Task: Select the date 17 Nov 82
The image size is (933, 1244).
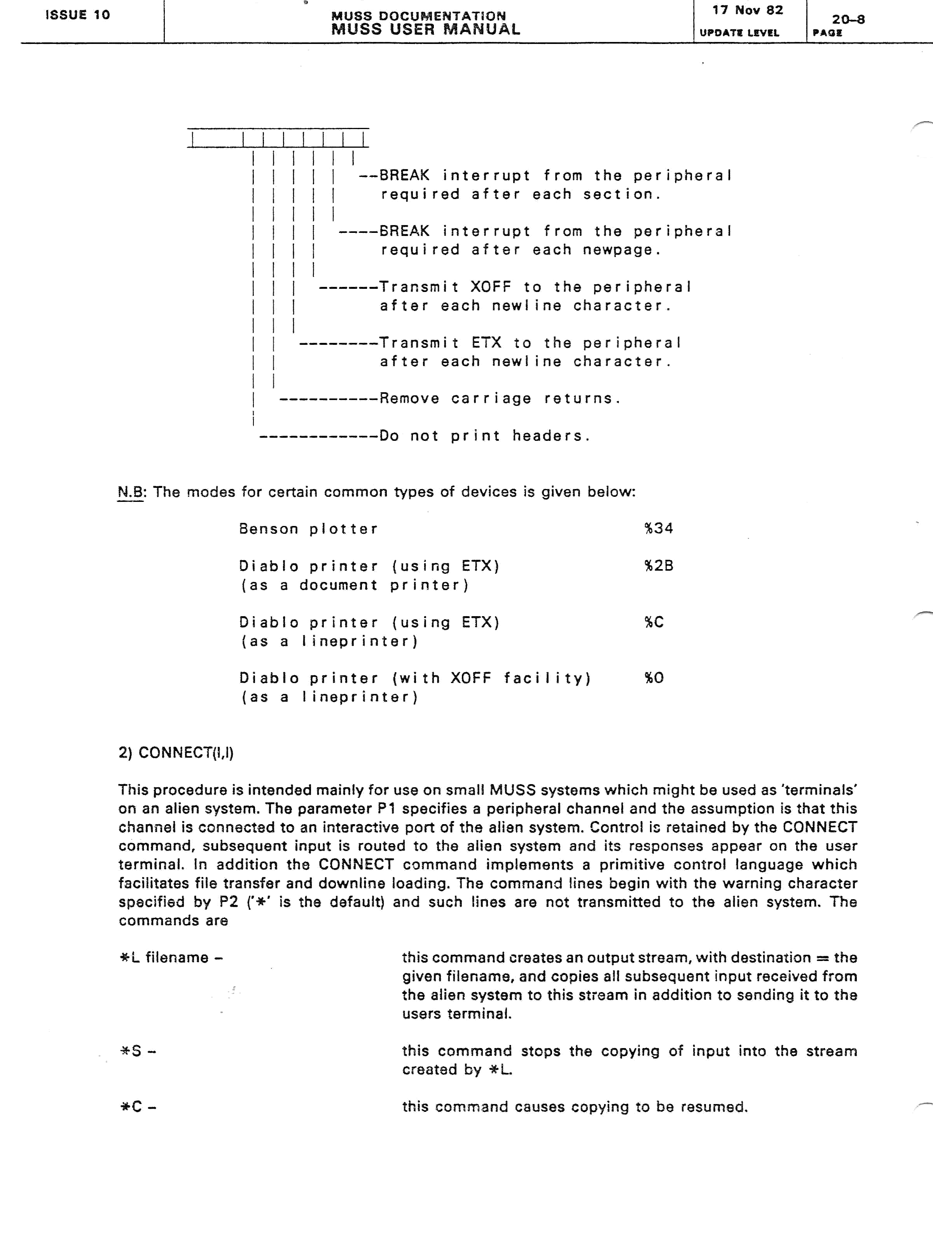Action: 748,10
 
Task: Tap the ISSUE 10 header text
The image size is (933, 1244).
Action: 78,15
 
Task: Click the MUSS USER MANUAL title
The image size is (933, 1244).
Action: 426,29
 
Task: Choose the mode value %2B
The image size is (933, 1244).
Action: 659,565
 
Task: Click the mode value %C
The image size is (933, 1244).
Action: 654,622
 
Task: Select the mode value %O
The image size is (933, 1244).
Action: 654,678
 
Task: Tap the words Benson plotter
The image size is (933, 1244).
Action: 308,529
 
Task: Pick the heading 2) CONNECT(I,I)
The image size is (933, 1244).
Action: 175,753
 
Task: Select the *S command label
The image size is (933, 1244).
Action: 138,1050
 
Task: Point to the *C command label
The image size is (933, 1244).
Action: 138,1106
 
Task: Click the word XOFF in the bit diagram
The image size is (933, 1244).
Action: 490,287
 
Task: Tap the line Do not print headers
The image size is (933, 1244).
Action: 484,436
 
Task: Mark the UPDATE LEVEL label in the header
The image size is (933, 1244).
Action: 739,33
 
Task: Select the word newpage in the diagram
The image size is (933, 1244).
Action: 617,250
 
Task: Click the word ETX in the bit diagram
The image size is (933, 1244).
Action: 486,342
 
